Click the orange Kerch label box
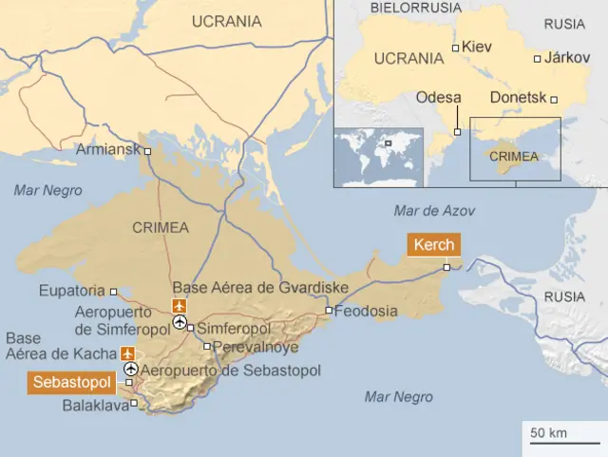click(434, 245)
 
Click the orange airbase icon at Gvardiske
click(179, 305)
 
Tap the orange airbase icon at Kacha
click(129, 353)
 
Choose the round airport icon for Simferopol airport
click(180, 323)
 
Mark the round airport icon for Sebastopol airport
click(130, 370)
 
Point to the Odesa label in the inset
click(439, 98)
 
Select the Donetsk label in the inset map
click(519, 98)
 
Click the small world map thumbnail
click(377, 156)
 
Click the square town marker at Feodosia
click(329, 311)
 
